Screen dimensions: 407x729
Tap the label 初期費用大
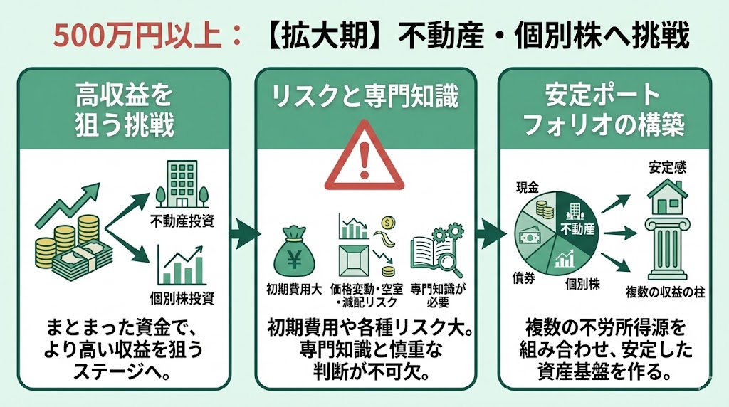295,290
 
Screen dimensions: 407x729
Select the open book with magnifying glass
436,250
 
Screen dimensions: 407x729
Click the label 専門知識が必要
436,296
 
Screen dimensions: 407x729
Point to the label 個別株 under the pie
583,285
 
